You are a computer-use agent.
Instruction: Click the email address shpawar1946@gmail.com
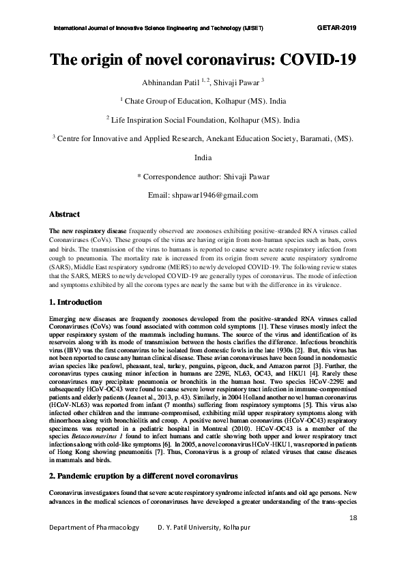203,195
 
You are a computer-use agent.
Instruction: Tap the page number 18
352,518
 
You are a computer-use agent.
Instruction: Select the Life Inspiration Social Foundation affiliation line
203,119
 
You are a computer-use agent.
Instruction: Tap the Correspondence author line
203,177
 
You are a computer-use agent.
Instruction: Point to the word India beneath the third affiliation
203,157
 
